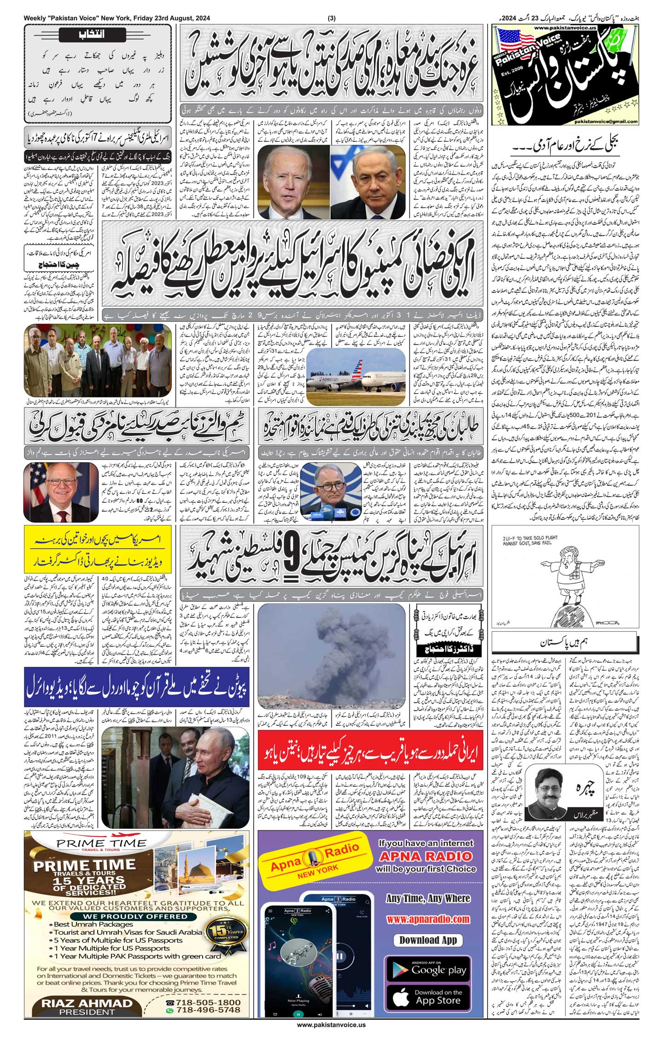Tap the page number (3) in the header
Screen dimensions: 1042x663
pos(331,18)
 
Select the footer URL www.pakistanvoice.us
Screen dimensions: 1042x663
pos(331,1034)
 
